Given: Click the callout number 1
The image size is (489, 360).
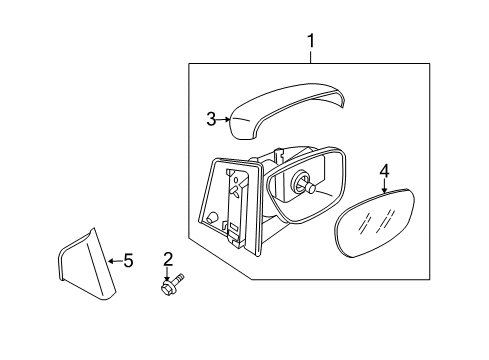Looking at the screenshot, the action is (311, 41).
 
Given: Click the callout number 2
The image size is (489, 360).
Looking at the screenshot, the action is (168, 259).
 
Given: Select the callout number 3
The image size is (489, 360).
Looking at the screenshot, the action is (211, 119).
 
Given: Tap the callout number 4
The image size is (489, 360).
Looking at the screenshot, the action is (384, 171).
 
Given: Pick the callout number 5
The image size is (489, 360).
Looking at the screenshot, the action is (128, 261).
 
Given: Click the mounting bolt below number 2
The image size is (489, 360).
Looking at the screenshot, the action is (172, 284).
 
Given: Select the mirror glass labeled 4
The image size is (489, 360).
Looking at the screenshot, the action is (374, 223).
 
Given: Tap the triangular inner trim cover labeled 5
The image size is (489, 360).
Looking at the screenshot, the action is (87, 265).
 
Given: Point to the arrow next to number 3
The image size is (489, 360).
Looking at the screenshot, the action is (224, 119).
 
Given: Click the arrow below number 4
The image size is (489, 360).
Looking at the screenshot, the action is (385, 185).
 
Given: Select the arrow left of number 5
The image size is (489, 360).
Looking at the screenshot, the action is (115, 261).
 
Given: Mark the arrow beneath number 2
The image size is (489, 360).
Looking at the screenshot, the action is (168, 274).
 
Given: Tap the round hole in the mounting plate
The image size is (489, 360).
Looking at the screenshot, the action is (211, 218).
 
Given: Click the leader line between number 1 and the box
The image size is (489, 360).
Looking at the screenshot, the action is (311, 56).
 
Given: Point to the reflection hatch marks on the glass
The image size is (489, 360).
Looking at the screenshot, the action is (376, 221).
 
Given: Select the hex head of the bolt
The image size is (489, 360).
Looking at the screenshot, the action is (166, 288).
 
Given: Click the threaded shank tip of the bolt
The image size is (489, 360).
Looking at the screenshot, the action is (181, 276).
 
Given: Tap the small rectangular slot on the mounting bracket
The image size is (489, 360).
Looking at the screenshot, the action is (234, 227).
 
